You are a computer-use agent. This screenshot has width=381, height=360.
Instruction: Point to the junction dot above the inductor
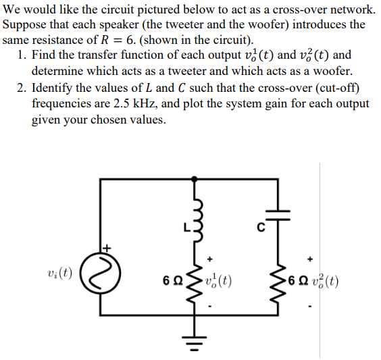196,179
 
